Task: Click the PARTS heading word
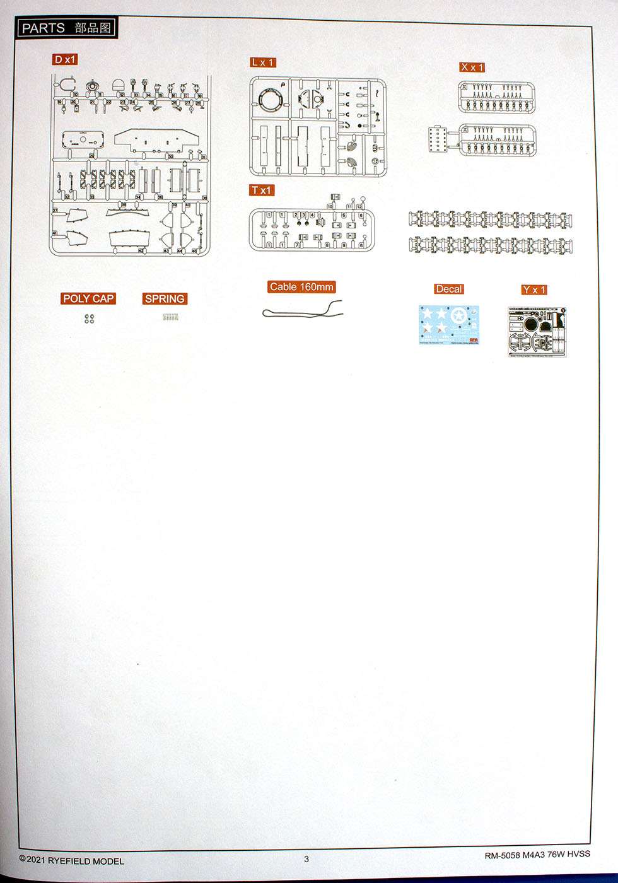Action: (43, 28)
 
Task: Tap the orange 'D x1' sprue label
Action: (65, 60)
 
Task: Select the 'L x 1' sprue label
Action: (262, 62)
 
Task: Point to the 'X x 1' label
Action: (472, 67)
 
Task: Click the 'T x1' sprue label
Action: (261, 190)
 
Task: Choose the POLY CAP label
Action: (88, 299)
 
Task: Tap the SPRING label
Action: (165, 299)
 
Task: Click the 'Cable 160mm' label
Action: (301, 287)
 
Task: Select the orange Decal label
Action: (448, 289)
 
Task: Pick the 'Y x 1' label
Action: (533, 289)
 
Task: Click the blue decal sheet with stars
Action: (448, 325)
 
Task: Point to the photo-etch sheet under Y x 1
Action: (537, 332)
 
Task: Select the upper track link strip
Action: (490, 219)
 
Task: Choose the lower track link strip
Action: (490, 245)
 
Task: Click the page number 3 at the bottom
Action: (306, 858)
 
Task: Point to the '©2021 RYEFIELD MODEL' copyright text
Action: (72, 860)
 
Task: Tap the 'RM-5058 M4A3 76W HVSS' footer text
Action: (537, 855)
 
